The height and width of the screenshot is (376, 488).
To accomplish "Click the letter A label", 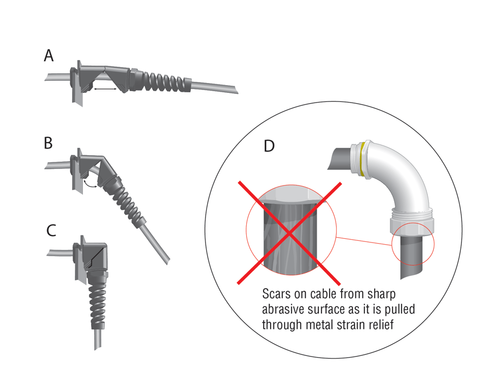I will click(49, 55).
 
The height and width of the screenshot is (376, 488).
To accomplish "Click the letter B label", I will click(48, 143).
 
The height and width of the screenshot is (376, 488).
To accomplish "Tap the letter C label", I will click(52, 231).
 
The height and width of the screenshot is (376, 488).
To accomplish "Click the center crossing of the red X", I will click(291, 232).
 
